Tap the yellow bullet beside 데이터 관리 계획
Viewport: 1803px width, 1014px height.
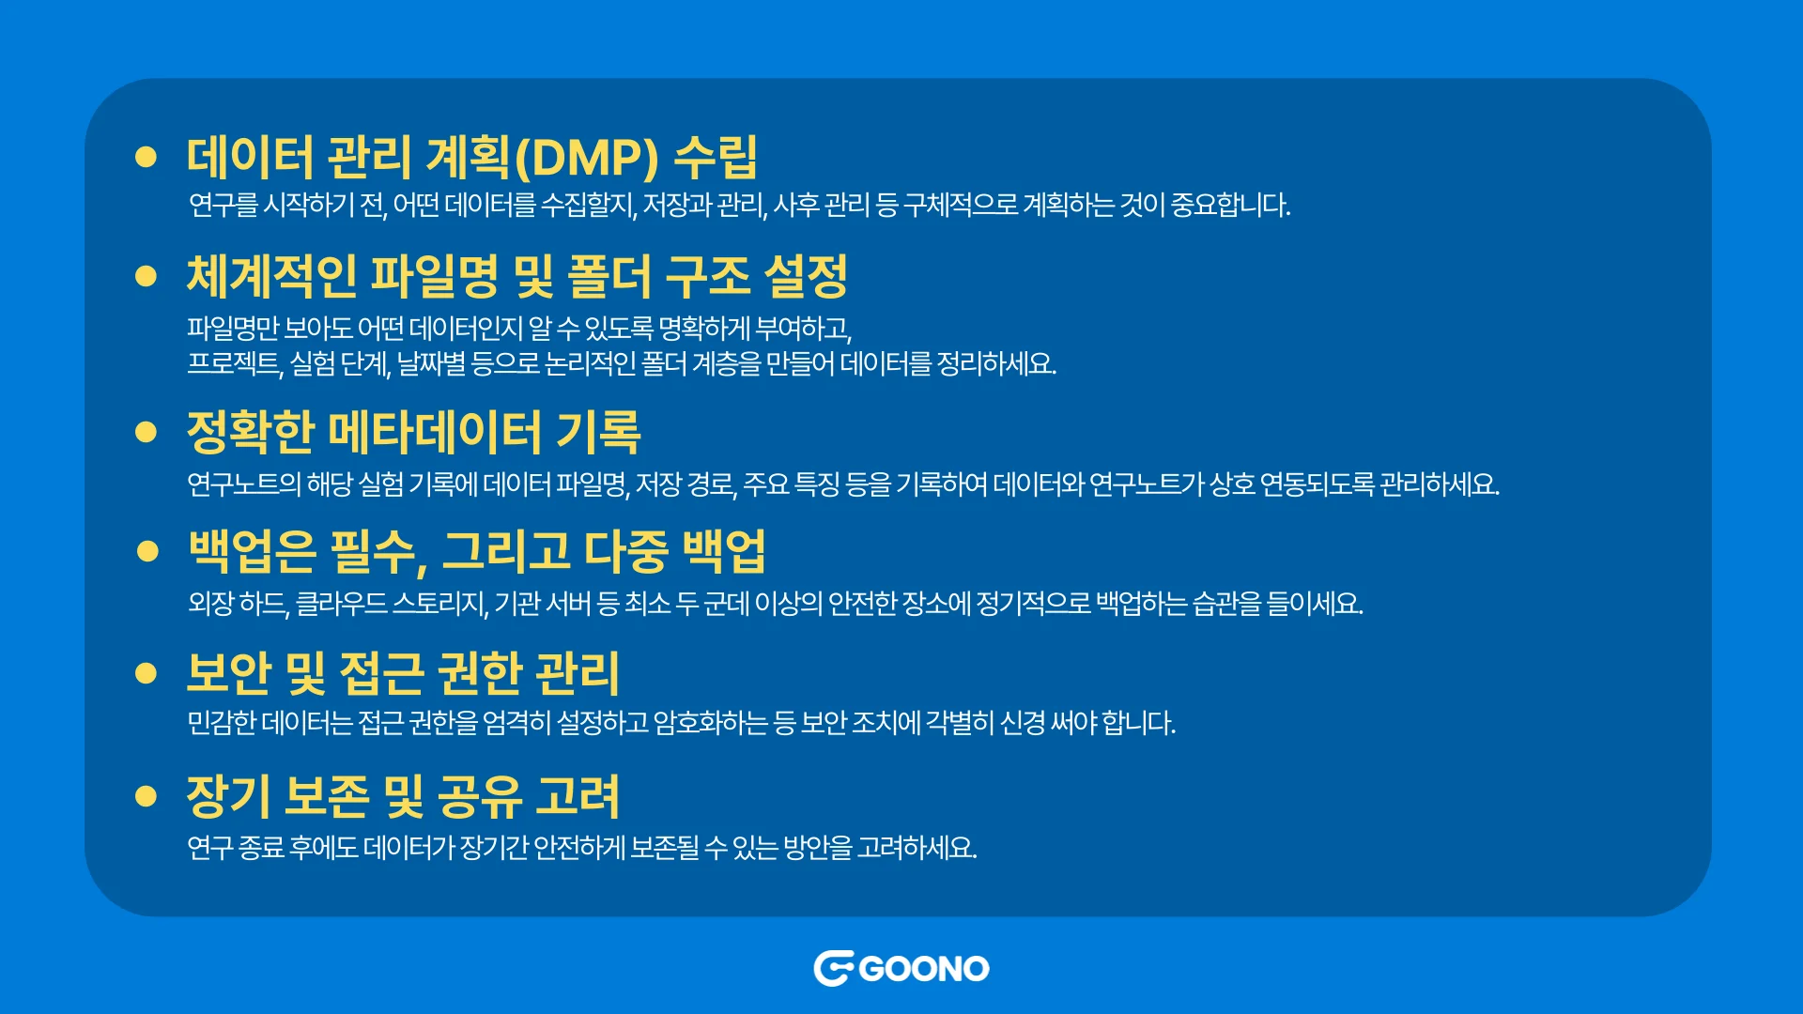coord(146,156)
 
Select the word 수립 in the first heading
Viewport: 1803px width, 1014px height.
coord(717,157)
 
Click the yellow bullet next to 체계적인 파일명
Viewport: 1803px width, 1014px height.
coord(146,275)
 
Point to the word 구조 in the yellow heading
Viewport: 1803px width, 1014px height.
coord(707,276)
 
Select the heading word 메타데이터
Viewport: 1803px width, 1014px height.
coord(435,432)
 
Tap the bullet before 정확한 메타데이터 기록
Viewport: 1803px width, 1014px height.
coord(146,432)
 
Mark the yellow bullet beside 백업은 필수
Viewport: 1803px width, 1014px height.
coord(147,551)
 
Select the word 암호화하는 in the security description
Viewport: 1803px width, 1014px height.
coord(711,723)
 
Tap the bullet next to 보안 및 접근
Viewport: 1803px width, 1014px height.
coord(146,672)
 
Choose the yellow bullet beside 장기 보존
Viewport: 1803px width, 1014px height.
coord(146,796)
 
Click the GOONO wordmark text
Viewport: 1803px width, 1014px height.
coord(924,969)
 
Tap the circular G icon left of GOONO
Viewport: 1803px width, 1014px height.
coord(833,969)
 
